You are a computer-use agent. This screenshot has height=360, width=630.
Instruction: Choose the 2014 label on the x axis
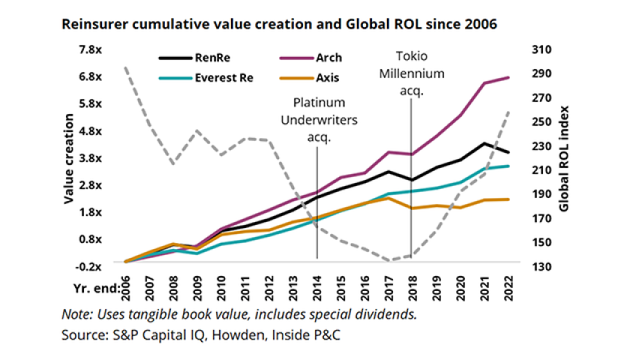(x=318, y=286)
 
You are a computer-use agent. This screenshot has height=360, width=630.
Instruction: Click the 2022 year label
(x=511, y=286)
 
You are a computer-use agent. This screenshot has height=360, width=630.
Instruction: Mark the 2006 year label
(x=124, y=286)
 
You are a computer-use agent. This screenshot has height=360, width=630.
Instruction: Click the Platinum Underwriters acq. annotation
(x=319, y=119)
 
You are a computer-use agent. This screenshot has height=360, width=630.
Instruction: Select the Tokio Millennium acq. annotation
(x=411, y=73)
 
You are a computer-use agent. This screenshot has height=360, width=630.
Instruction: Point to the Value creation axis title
(x=67, y=158)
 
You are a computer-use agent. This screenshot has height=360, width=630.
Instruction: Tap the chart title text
(x=280, y=24)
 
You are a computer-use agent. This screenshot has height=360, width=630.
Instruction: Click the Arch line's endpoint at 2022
(x=510, y=77)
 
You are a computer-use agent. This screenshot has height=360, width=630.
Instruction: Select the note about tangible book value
(x=239, y=313)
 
